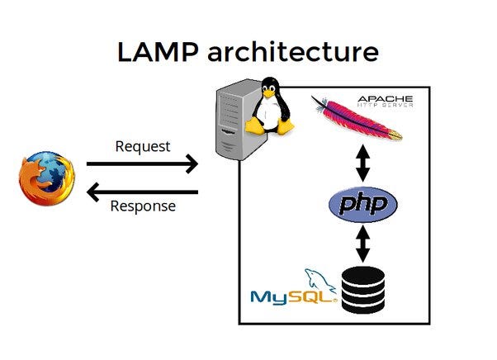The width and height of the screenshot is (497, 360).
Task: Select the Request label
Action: [142, 147]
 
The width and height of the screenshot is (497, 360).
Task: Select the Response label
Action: [142, 206]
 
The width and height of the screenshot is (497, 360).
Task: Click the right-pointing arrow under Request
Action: [142, 163]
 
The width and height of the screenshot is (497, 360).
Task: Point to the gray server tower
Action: [233, 124]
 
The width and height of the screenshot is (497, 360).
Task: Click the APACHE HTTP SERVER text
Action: [385, 102]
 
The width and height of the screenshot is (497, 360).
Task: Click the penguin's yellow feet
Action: [272, 129]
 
